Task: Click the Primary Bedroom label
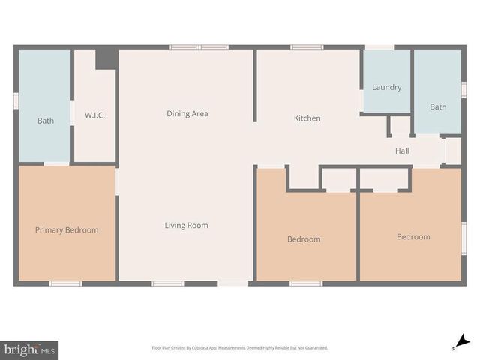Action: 67,230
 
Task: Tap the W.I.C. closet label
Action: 94,115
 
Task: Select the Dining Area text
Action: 187,114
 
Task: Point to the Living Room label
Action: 187,226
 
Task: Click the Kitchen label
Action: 307,118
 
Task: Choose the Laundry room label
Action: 386,87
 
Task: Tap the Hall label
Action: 402,151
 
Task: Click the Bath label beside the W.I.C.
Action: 46,121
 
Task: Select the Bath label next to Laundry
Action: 438,107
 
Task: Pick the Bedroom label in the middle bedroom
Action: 304,239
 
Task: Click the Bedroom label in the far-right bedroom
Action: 413,237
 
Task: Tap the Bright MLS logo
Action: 30,349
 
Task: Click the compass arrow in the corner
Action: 463,342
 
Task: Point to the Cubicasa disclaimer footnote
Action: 240,348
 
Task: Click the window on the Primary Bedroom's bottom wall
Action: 65,283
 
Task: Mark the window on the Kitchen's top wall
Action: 307,47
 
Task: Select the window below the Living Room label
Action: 167,283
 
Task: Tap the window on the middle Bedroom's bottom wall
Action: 306,283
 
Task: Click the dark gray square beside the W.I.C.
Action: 106,59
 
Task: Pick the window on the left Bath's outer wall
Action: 16,100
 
